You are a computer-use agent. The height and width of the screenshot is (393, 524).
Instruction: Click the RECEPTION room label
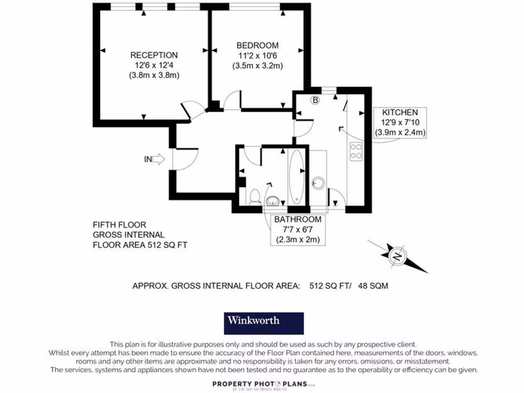point(154,55)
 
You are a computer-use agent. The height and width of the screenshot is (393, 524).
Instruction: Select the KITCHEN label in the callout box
point(400,112)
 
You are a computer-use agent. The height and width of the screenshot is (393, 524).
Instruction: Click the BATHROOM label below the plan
point(298,220)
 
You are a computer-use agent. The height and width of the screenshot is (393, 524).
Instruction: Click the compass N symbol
point(397,256)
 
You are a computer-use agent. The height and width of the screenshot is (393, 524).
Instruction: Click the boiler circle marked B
point(315,100)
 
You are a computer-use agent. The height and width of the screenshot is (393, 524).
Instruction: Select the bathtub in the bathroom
point(296,177)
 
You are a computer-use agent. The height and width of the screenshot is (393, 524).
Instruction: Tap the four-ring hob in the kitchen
point(356,151)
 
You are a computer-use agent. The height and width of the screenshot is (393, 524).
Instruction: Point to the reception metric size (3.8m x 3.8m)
point(154,75)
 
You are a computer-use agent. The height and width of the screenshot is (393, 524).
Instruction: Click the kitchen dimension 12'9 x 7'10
point(400,122)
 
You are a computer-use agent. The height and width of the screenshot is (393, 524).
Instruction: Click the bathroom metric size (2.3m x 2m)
point(298,239)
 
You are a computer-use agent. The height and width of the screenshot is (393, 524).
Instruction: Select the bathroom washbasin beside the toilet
point(273,201)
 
